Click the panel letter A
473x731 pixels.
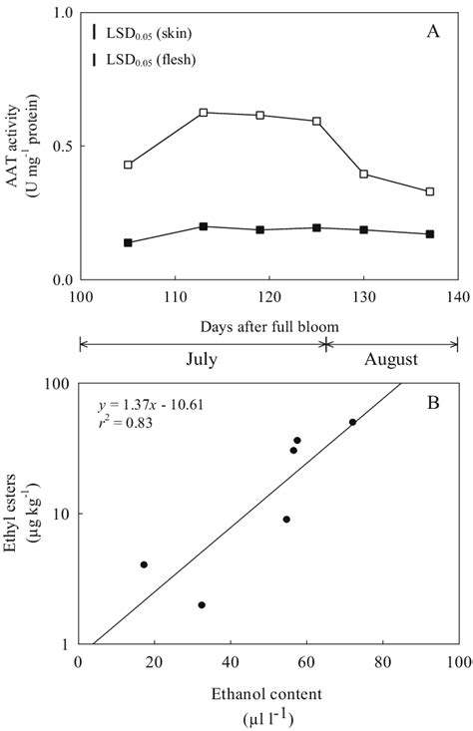432,32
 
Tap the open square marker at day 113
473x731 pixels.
203,113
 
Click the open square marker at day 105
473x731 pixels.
128,165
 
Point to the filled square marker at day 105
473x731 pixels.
128,242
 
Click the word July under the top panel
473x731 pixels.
203,355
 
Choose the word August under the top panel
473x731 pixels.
392,355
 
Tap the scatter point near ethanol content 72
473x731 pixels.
352,422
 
